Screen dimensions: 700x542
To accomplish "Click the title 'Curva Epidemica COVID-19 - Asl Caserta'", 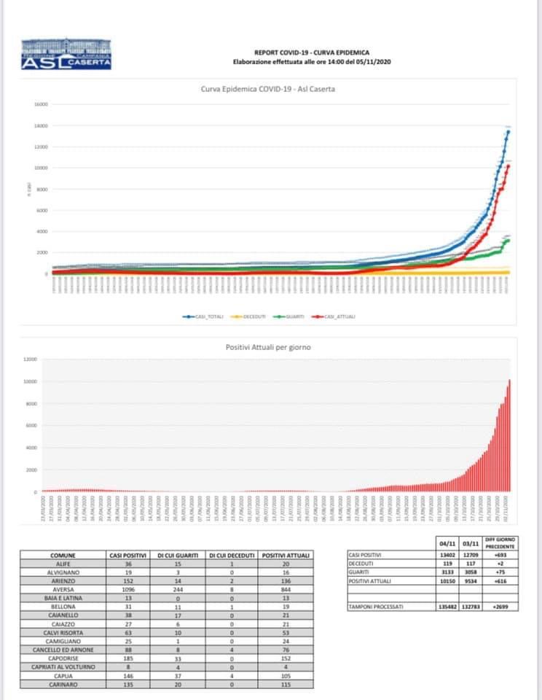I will tap(272, 89).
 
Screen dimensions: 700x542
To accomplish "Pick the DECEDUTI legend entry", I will tap(249, 316).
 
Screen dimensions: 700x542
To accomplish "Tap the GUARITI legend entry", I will tap(293, 316).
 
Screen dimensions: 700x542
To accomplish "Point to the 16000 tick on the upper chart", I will tap(40, 104).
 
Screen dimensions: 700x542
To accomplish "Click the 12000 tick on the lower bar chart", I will tap(30, 359).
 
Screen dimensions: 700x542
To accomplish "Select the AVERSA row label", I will tap(63, 588).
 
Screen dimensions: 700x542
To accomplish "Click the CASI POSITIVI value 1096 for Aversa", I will tap(128, 588).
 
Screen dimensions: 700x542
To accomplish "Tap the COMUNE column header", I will tap(63, 556).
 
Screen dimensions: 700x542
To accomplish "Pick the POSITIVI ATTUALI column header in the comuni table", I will tap(286, 556).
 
